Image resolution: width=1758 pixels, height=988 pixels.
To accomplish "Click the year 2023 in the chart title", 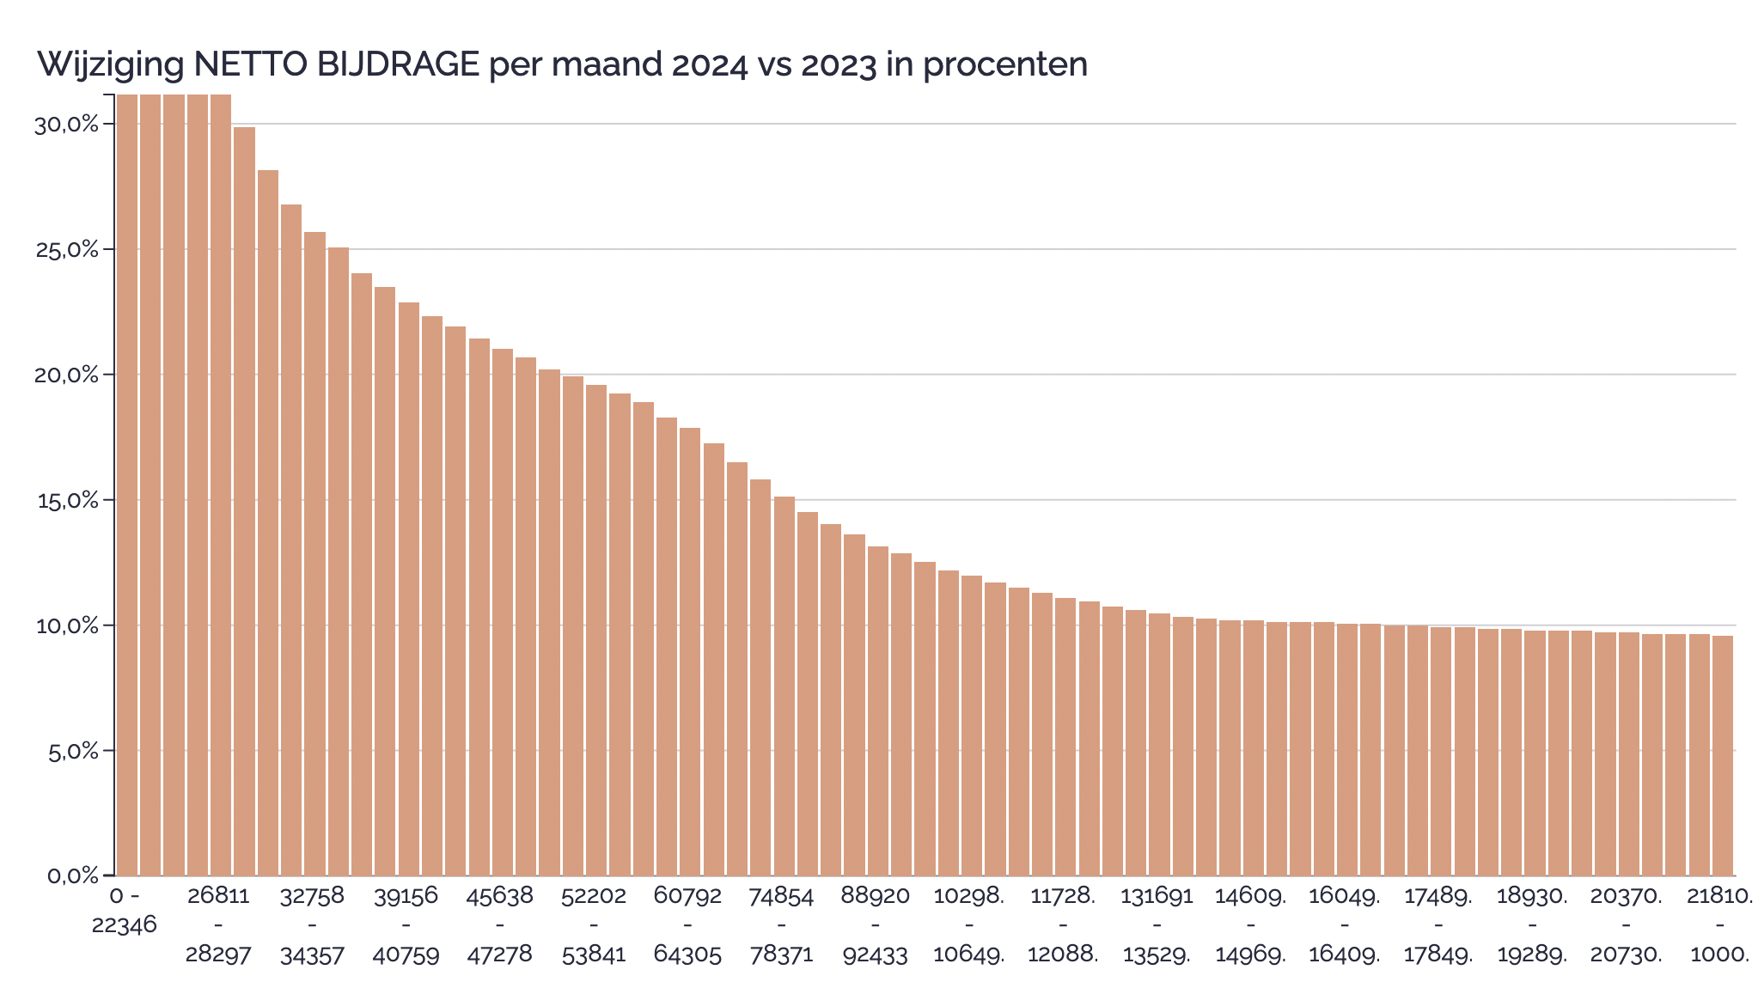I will [x=839, y=64].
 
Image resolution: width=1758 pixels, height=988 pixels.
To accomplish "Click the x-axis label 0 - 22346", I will [x=125, y=910].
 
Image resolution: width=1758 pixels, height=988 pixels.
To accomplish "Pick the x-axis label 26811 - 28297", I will [x=219, y=925].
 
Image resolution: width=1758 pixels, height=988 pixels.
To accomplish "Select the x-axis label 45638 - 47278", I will [x=500, y=925].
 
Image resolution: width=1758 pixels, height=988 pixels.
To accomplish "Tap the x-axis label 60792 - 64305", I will [x=687, y=925].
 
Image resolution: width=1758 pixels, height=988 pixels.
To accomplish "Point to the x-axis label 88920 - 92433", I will [x=875, y=925].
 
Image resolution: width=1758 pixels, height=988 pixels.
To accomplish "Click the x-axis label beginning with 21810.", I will [x=1719, y=925].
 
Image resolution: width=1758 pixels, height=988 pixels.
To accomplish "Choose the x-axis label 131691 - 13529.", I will [x=1157, y=925].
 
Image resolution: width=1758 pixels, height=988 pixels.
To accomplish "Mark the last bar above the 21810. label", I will [x=1722, y=755].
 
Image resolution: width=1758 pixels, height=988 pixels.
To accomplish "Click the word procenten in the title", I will [x=1005, y=64].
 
